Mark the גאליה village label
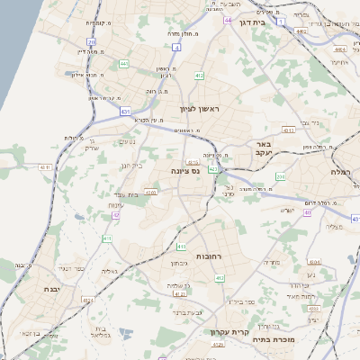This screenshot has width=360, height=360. (110, 271)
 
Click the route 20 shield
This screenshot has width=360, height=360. (91, 42)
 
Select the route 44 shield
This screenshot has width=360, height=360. (229, 19)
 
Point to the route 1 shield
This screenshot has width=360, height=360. (281, 21)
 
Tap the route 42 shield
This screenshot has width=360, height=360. (116, 215)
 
